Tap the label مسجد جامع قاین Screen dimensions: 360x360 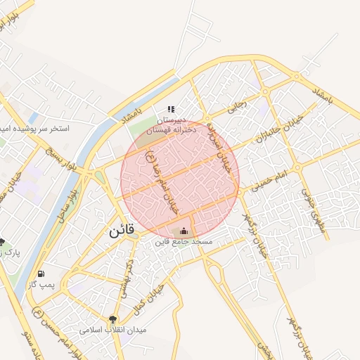[x=184, y=242]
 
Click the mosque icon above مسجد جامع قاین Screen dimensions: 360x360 [x=184, y=231]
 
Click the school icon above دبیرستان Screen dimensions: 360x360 [x=170, y=110]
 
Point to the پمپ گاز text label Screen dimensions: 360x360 [x=41, y=285]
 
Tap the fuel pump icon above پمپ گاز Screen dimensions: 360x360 [x=41, y=274]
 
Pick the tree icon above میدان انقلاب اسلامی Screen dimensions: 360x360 [x=112, y=319]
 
